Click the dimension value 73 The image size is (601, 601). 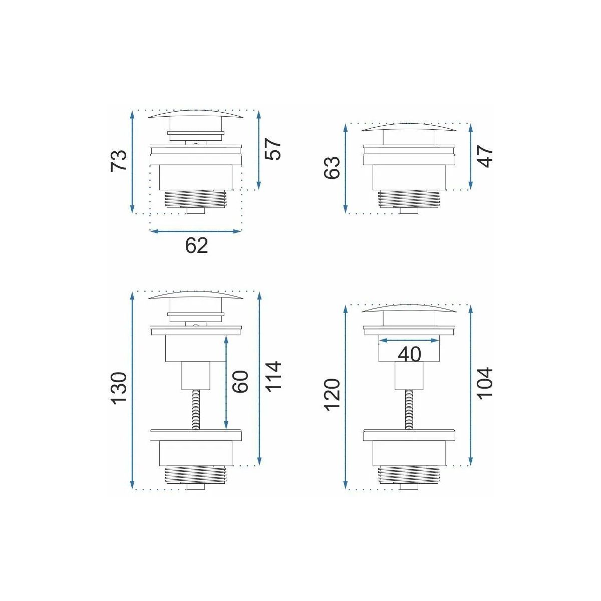(119, 160)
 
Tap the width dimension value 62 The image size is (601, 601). (196, 245)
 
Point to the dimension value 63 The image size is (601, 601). (332, 167)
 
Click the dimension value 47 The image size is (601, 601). (486, 157)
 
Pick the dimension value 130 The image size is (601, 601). (120, 388)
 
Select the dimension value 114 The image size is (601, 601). (273, 376)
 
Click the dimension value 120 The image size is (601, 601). (332, 395)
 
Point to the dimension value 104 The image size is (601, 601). (485, 383)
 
